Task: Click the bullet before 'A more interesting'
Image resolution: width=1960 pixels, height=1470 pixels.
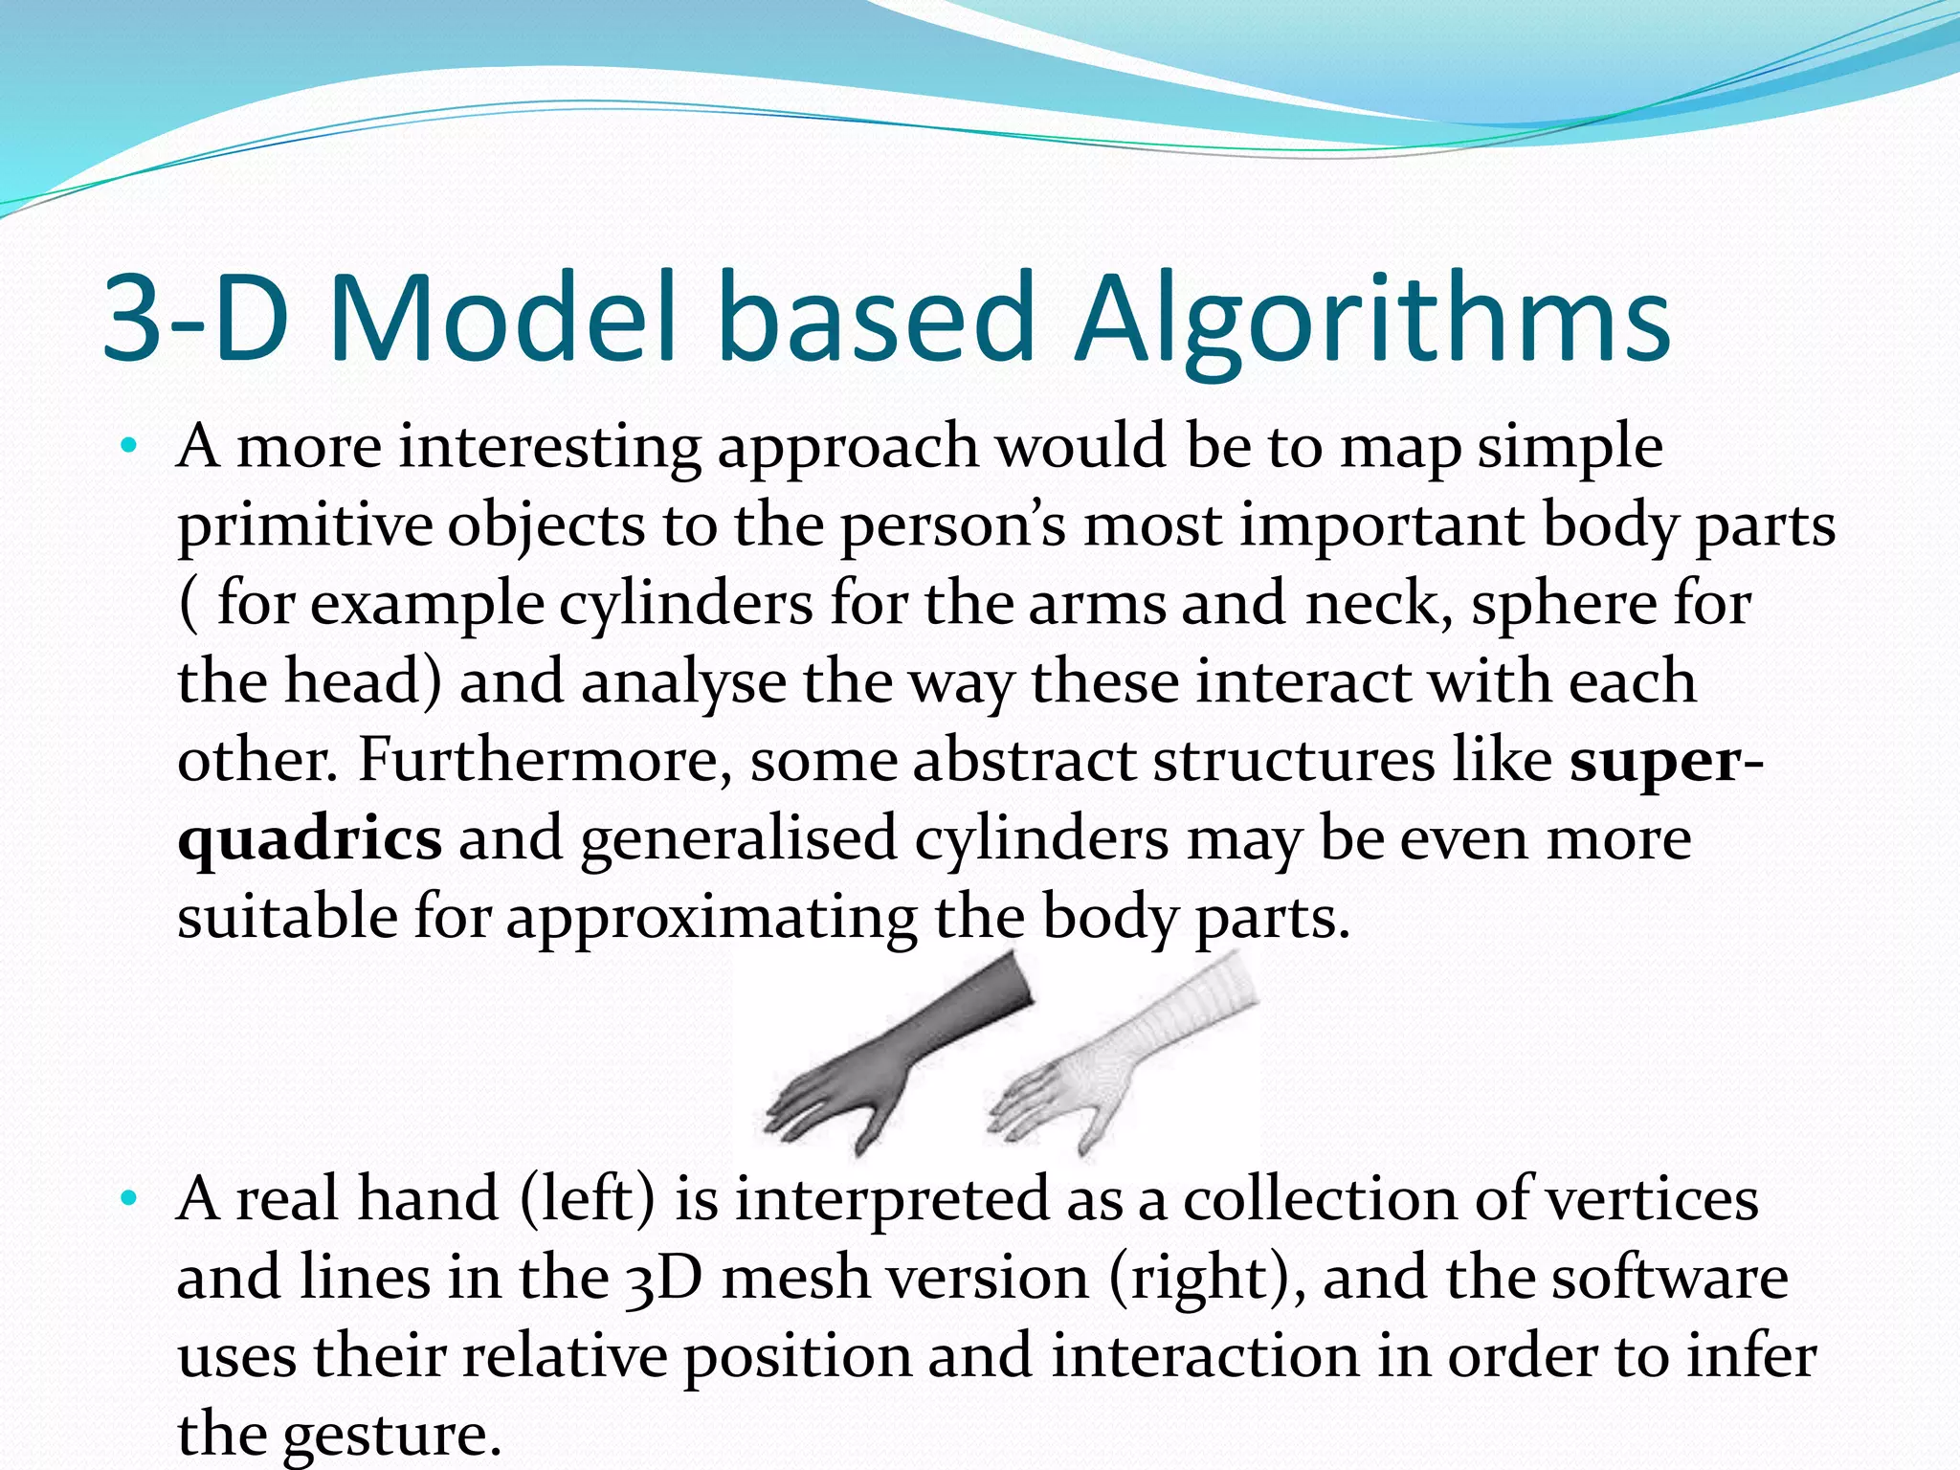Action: point(130,446)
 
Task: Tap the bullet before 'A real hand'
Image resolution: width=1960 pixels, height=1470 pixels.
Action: point(130,1198)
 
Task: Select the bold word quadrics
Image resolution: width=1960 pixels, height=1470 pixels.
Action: point(310,840)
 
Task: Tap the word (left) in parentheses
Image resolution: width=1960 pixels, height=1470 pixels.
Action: point(589,1198)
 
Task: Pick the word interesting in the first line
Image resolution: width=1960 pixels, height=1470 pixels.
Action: point(549,448)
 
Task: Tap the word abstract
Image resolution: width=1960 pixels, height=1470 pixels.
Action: point(1024,760)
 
